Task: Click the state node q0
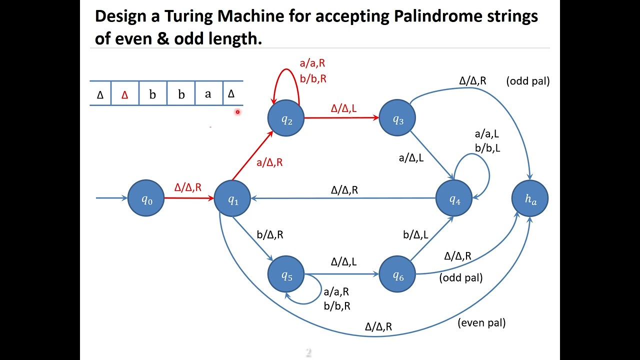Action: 146,198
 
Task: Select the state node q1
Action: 232,198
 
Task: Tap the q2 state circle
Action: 286,118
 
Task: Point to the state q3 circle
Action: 397,118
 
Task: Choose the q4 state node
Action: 454,198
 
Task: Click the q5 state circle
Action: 286,274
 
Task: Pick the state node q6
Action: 397,274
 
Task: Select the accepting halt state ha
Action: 530,198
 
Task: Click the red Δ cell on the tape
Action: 124,94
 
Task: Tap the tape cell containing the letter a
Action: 208,93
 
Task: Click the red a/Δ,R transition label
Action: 269,162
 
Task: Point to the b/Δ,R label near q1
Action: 270,234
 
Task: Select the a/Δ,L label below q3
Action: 411,158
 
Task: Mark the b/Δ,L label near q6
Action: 415,234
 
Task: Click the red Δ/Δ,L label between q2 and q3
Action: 343,108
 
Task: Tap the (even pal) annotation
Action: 481,323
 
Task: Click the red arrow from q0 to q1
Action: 189,198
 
